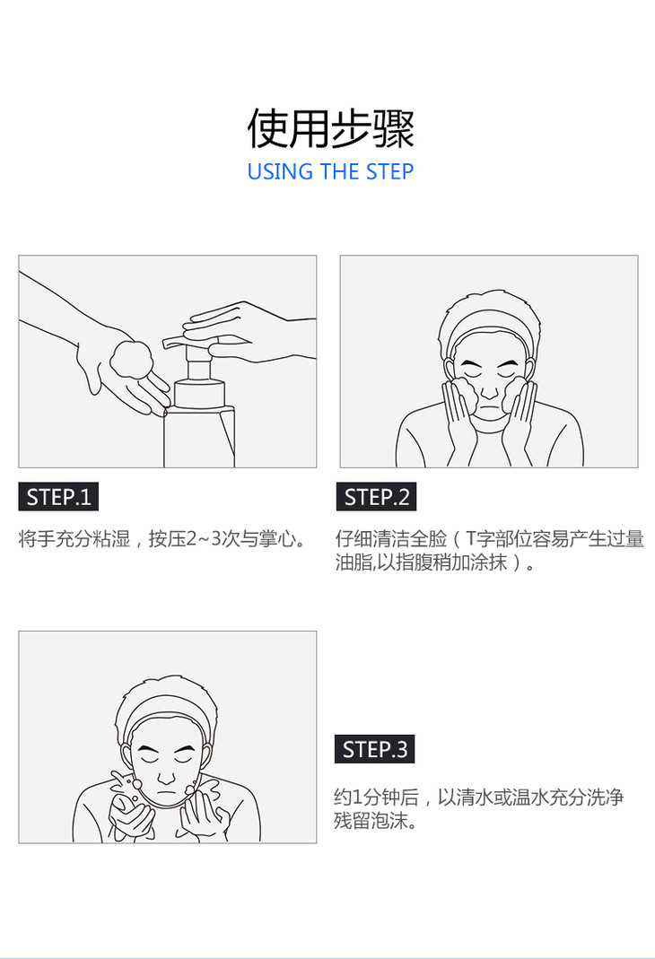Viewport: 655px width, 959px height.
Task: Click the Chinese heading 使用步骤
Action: click(330, 128)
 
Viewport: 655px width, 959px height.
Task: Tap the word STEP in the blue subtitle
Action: click(389, 172)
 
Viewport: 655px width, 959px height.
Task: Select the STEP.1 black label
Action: click(58, 497)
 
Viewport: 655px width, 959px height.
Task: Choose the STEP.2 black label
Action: click(376, 497)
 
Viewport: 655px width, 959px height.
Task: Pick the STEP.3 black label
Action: click(374, 748)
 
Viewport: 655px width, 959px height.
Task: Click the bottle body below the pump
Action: click(199, 437)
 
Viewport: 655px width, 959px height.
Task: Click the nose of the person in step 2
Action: click(488, 389)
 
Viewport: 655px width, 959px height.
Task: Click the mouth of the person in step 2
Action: click(489, 408)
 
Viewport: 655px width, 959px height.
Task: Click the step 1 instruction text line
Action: click(163, 539)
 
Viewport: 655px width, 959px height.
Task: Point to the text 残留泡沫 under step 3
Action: click(370, 820)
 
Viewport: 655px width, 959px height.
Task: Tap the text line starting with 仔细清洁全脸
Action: click(490, 539)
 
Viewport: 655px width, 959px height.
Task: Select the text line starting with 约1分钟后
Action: click(479, 797)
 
